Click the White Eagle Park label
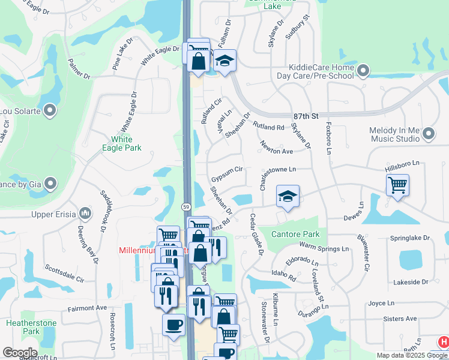tap(122, 143)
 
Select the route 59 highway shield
tap(186, 206)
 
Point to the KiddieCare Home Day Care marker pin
tap(363, 72)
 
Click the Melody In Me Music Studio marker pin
tap(428, 134)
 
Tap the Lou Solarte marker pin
tap(50, 110)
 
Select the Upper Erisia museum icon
tap(85, 213)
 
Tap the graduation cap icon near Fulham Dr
tap(224, 61)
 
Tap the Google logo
tap(20, 353)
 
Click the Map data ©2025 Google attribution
tap(412, 355)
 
